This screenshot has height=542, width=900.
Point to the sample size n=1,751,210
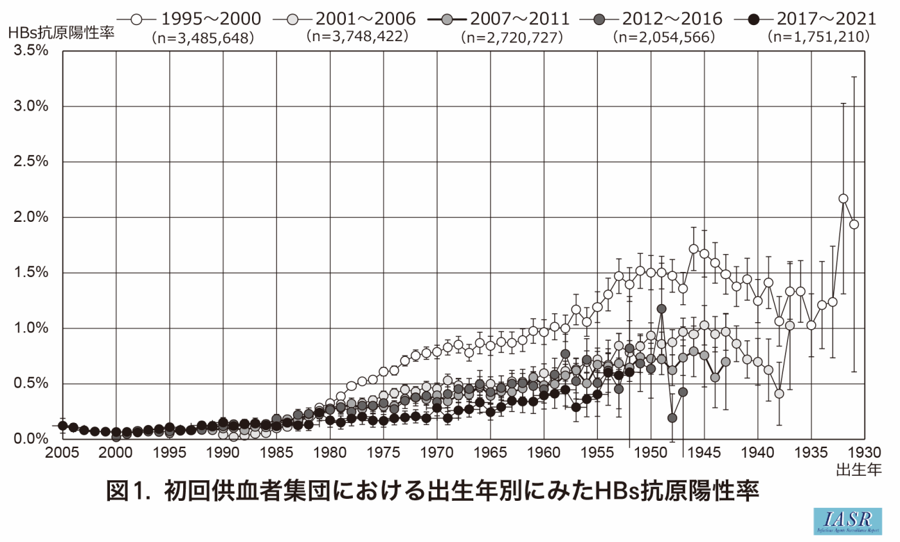pyautogui.click(x=819, y=37)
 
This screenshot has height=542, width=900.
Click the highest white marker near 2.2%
pyautogui.click(x=843, y=199)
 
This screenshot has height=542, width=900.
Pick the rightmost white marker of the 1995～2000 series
pyautogui.click(x=854, y=224)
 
